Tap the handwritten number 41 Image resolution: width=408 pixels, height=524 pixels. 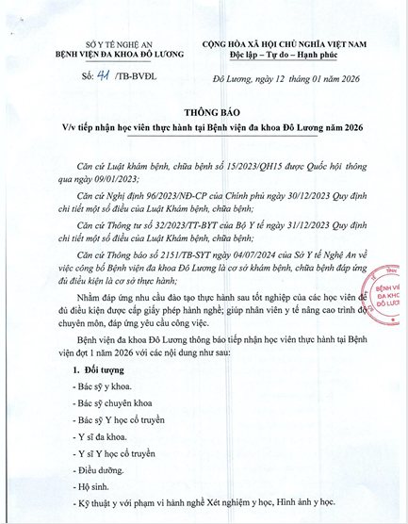pyautogui.click(x=89, y=73)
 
